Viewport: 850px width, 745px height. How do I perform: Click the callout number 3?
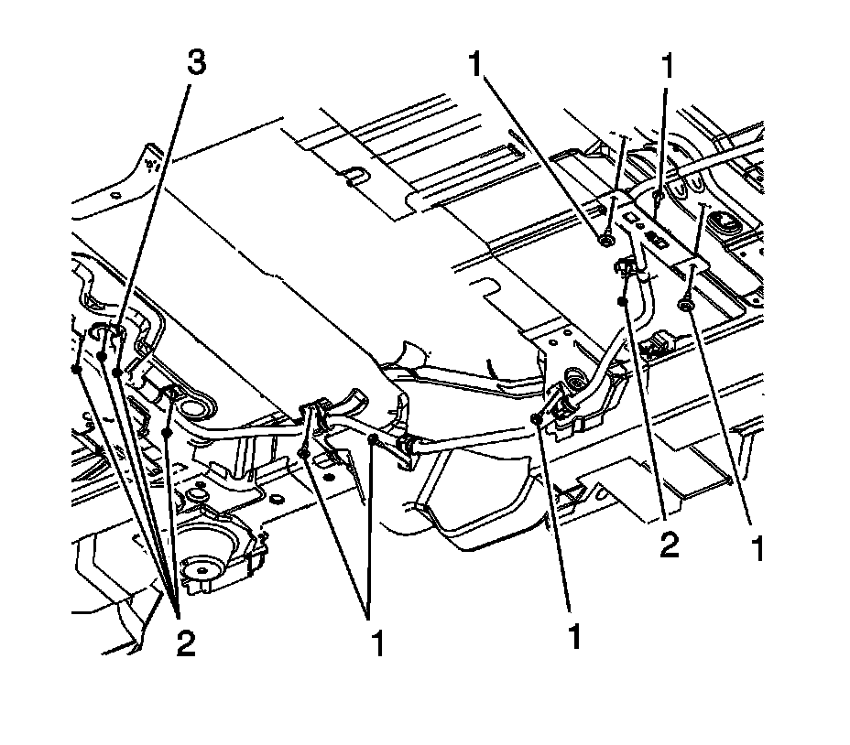195,63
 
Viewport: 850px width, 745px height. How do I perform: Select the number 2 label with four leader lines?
184,643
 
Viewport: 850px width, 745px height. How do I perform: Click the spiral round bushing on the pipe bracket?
574,378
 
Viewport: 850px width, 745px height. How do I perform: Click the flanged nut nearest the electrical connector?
685,305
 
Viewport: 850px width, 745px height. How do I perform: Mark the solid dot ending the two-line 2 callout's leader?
623,300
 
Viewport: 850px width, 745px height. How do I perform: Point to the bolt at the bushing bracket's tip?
536,418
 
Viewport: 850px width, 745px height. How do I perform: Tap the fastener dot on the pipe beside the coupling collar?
374,441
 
